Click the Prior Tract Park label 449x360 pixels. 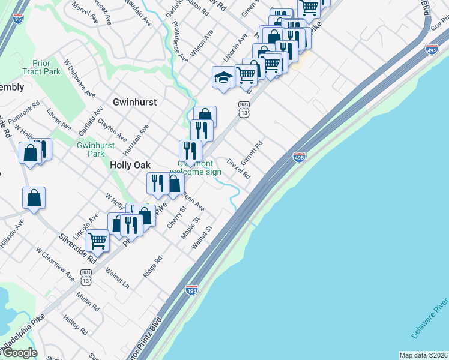coord(41,67)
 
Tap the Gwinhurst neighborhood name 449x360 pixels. coord(134,102)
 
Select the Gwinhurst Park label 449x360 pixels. coord(91,149)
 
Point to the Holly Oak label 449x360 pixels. coord(130,165)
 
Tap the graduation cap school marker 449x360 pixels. coord(223,78)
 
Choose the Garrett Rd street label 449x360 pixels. coord(252,154)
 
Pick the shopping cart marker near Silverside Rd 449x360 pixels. coord(97,241)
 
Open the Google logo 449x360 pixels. coord(19,353)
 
